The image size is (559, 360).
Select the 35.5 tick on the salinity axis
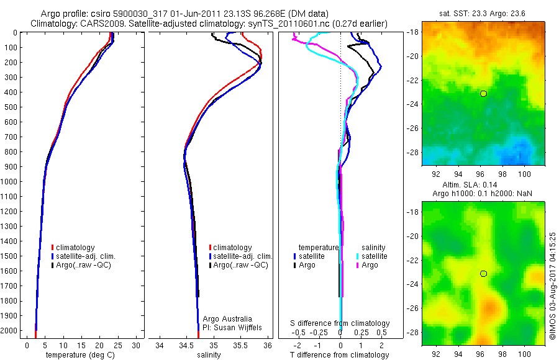coord(240,345)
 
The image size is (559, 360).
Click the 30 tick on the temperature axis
coord(136,345)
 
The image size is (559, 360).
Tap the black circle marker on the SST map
coord(483,94)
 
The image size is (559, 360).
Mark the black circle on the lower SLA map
coord(483,274)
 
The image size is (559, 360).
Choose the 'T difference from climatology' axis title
coord(340,355)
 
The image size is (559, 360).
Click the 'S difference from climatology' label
coord(340,323)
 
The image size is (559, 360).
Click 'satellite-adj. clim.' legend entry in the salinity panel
coord(243,256)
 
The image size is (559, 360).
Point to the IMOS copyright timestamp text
coord(552,287)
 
